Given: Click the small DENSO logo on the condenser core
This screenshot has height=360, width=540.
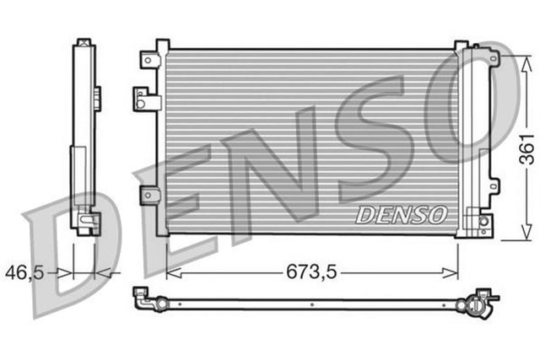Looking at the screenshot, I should [x=400, y=214].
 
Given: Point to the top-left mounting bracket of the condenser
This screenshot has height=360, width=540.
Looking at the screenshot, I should [x=151, y=59].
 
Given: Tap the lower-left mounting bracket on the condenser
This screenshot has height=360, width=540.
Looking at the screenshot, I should [x=150, y=195].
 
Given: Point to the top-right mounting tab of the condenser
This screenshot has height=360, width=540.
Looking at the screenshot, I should [x=461, y=46].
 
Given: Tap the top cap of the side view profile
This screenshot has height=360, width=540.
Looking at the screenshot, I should [x=83, y=42].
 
